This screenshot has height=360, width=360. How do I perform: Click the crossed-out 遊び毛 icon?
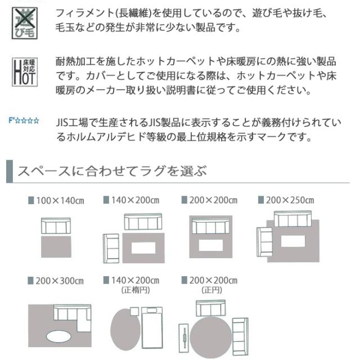point(25,23)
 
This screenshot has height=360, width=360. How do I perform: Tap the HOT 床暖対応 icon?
point(25,72)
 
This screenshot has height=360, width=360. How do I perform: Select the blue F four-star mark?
point(24,120)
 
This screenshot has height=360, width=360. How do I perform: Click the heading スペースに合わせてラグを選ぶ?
point(112,171)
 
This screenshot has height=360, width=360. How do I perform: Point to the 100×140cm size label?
point(56,201)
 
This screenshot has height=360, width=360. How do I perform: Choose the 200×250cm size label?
point(286,200)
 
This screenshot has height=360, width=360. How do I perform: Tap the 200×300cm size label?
point(56,281)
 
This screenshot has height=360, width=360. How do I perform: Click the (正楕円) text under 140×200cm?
point(136,290)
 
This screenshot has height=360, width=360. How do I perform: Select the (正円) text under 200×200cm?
point(211,290)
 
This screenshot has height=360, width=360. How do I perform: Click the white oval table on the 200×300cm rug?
point(58,336)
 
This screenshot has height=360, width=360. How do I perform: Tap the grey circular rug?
point(210,337)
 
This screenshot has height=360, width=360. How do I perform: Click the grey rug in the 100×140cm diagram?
point(56,246)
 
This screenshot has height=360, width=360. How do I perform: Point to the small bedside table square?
point(134,312)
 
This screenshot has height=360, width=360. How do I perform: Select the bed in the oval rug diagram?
point(152,328)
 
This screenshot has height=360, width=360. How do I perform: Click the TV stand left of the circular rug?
point(183,339)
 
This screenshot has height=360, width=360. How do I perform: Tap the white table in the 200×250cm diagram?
point(292,241)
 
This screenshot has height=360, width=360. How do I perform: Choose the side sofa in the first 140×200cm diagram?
point(111,249)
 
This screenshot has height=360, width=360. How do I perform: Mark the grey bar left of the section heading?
point(10,171)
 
